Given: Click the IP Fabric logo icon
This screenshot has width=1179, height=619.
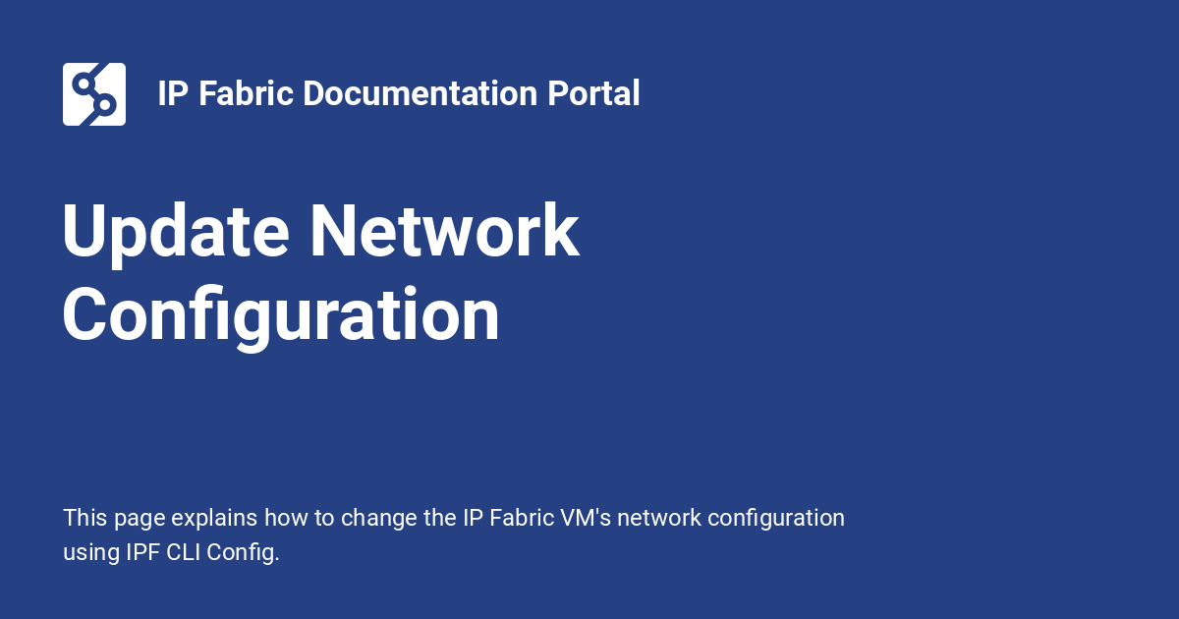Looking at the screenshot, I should tap(94, 94).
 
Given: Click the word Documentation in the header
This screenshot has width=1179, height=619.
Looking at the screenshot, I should tap(420, 94).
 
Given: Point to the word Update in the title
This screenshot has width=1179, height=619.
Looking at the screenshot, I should tap(176, 233).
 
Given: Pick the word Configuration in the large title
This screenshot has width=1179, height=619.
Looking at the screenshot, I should tap(281, 316).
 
